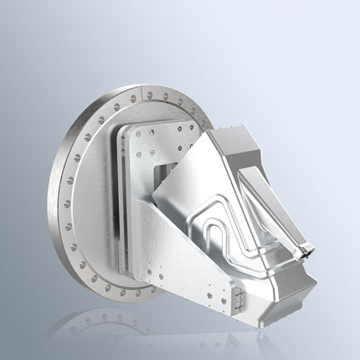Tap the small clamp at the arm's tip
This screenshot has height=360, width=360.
pyautogui.click(x=307, y=247)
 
